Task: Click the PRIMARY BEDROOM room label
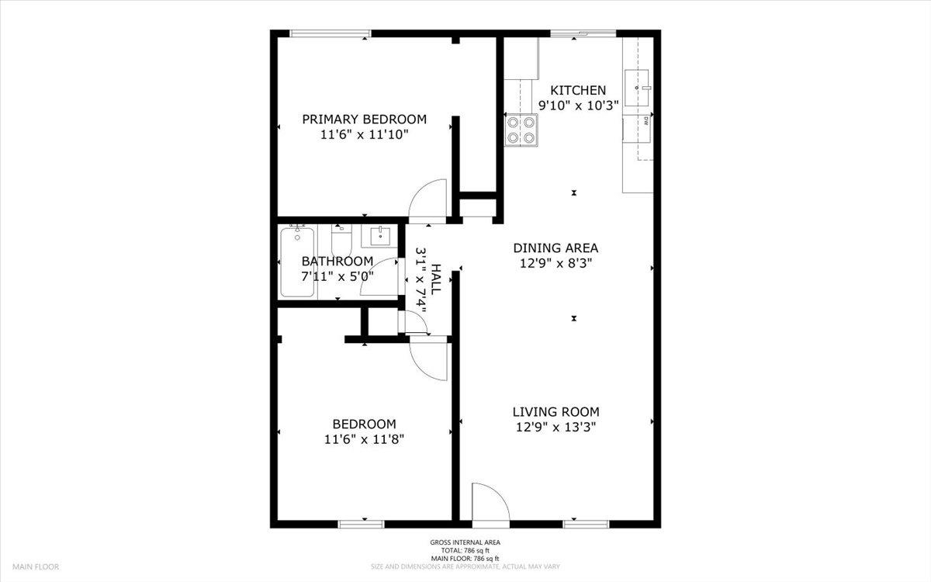[x=364, y=120]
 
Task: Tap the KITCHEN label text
[x=578, y=90]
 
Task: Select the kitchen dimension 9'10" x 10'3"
[x=579, y=106]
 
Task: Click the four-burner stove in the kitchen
[x=521, y=130]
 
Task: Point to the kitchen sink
[x=637, y=88]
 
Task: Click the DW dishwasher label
[x=645, y=121]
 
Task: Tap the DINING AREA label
[x=555, y=248]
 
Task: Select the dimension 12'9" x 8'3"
[x=555, y=263]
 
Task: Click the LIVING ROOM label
[x=555, y=412]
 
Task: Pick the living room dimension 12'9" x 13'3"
[x=555, y=428]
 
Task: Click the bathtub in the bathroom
[x=297, y=262]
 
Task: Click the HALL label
[x=435, y=279]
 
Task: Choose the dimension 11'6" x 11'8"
[x=364, y=439]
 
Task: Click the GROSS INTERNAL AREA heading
[x=465, y=542]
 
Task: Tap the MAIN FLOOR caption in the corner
[x=36, y=566]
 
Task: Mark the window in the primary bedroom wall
[x=331, y=33]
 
